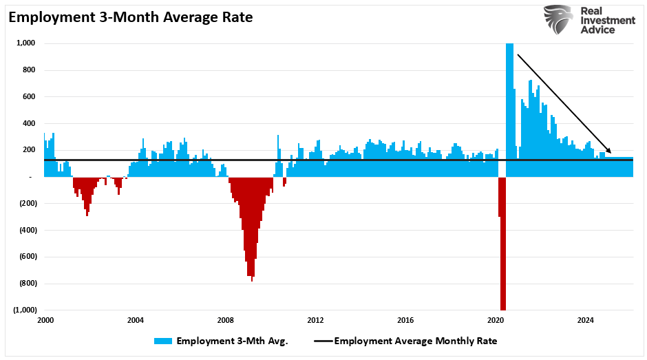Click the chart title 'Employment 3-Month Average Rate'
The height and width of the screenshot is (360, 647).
pyautogui.click(x=131, y=17)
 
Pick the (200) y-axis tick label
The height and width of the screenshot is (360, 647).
pyautogui.click(x=27, y=203)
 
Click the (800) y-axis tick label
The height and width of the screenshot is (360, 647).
pyautogui.click(x=27, y=283)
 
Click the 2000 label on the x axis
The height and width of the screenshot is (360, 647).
pyautogui.click(x=45, y=320)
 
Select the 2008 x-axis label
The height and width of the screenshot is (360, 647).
pyautogui.click(x=225, y=320)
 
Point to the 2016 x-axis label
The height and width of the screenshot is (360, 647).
pyautogui.click(x=405, y=320)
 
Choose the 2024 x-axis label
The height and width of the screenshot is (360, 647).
pyautogui.click(x=585, y=320)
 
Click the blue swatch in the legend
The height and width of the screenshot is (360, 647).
pyautogui.click(x=163, y=341)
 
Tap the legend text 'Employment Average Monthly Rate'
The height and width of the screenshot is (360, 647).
pyautogui.click(x=415, y=341)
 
